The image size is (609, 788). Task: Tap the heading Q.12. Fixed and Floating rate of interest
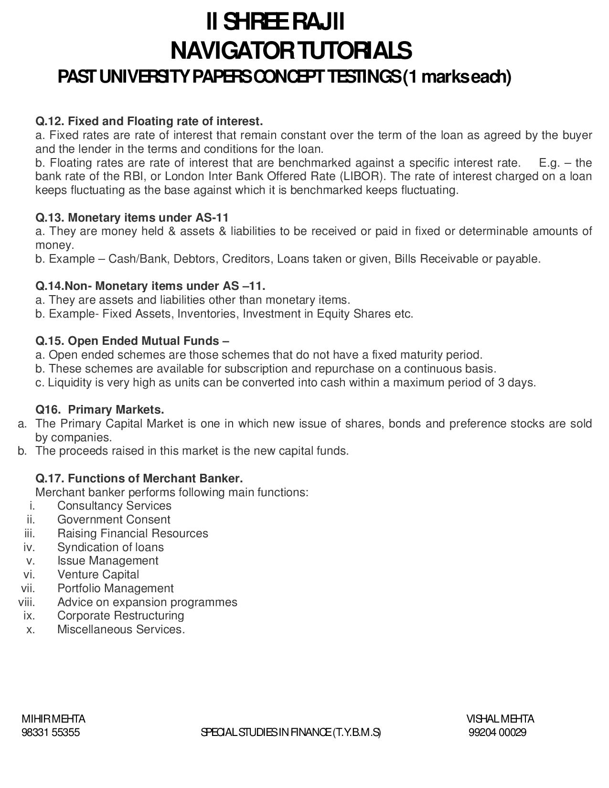coord(149,121)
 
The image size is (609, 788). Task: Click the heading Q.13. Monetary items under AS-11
coord(132,218)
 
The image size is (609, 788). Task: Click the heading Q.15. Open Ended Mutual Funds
coord(132,341)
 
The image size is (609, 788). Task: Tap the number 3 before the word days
coord(501,383)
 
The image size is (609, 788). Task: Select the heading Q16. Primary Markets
coord(100,410)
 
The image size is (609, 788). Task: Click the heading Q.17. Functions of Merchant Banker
coord(139,479)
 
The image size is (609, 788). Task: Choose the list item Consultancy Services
coord(114,506)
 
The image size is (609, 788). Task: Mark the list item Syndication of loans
coord(110,547)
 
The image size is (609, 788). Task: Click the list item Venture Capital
coord(98,575)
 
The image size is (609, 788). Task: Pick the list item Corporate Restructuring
coord(120,616)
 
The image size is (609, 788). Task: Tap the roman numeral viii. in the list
coord(27,602)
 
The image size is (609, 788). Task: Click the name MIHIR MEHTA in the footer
coord(53,719)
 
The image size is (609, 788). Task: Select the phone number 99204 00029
coord(497,733)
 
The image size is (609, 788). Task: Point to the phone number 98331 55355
coord(51,733)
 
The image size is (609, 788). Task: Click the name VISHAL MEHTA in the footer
coord(500,719)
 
